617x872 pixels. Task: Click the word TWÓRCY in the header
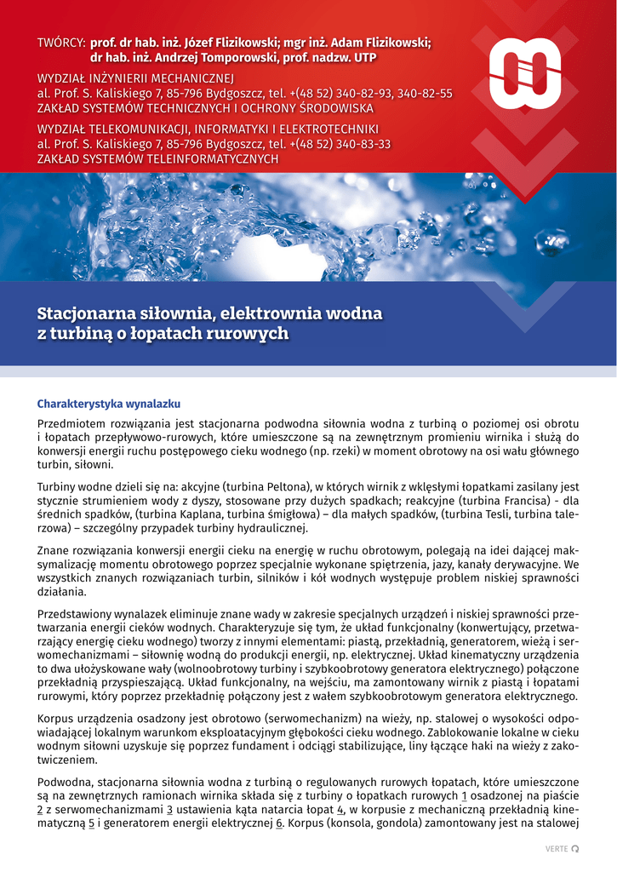point(60,43)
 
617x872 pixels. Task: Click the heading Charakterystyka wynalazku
point(108,404)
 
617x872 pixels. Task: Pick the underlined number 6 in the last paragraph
point(278,823)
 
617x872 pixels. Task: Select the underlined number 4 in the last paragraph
point(340,809)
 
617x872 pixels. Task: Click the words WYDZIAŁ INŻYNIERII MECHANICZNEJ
point(129,78)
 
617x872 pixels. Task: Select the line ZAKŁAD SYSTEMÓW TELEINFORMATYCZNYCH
point(157,158)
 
